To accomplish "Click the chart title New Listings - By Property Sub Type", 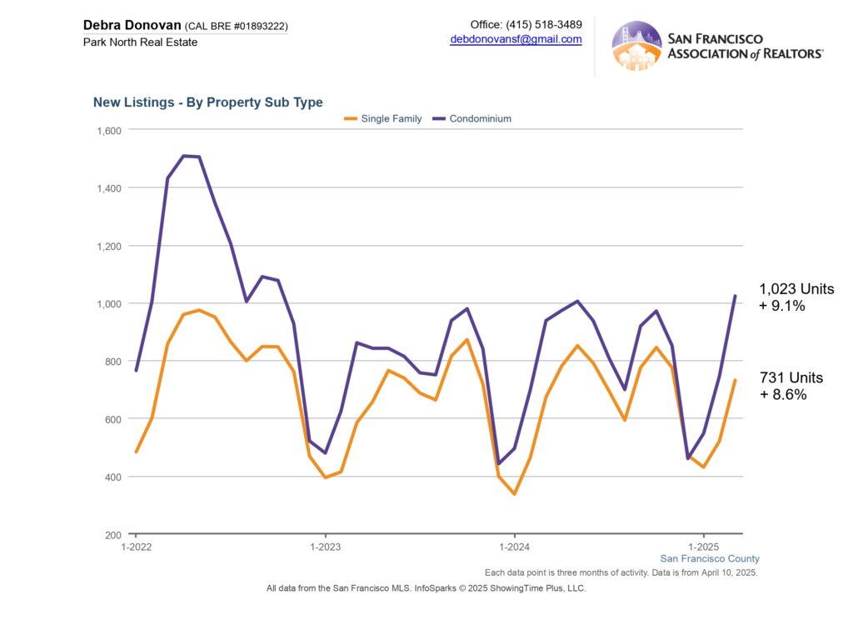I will (207, 102).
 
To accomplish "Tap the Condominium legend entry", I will (480, 118).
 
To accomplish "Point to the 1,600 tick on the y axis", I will (110, 130).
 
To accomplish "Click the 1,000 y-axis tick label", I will (110, 303).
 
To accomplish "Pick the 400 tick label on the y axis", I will (113, 477).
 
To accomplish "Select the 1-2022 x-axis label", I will (135, 547).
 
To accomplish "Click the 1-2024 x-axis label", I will (514, 547).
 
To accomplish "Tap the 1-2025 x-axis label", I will (704, 547).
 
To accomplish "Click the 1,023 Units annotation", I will (796, 289).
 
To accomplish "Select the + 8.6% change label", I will (783, 395).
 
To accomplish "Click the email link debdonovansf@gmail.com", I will (516, 39).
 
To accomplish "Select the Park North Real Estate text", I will (141, 42).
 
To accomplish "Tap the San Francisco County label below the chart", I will (710, 558).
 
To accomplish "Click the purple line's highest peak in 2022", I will (184, 155).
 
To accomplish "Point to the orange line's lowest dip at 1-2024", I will (514, 494).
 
